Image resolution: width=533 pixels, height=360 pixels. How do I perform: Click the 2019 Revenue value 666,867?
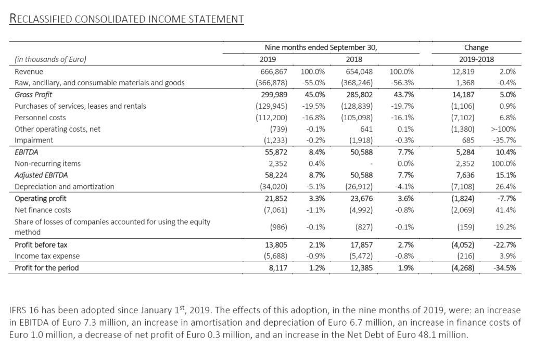pos(272,71)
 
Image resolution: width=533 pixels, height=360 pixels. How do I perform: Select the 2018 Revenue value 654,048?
pos(355,71)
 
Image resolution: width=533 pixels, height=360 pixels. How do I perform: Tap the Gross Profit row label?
pos(33,95)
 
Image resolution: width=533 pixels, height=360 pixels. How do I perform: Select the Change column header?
pos(476,47)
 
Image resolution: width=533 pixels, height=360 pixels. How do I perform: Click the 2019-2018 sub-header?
pos(476,59)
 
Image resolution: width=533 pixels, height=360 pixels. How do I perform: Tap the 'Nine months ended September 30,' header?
pos(321,47)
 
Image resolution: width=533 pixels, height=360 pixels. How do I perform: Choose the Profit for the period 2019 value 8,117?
pos(276,268)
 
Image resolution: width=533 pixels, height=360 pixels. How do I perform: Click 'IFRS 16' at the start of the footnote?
pos(24,311)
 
